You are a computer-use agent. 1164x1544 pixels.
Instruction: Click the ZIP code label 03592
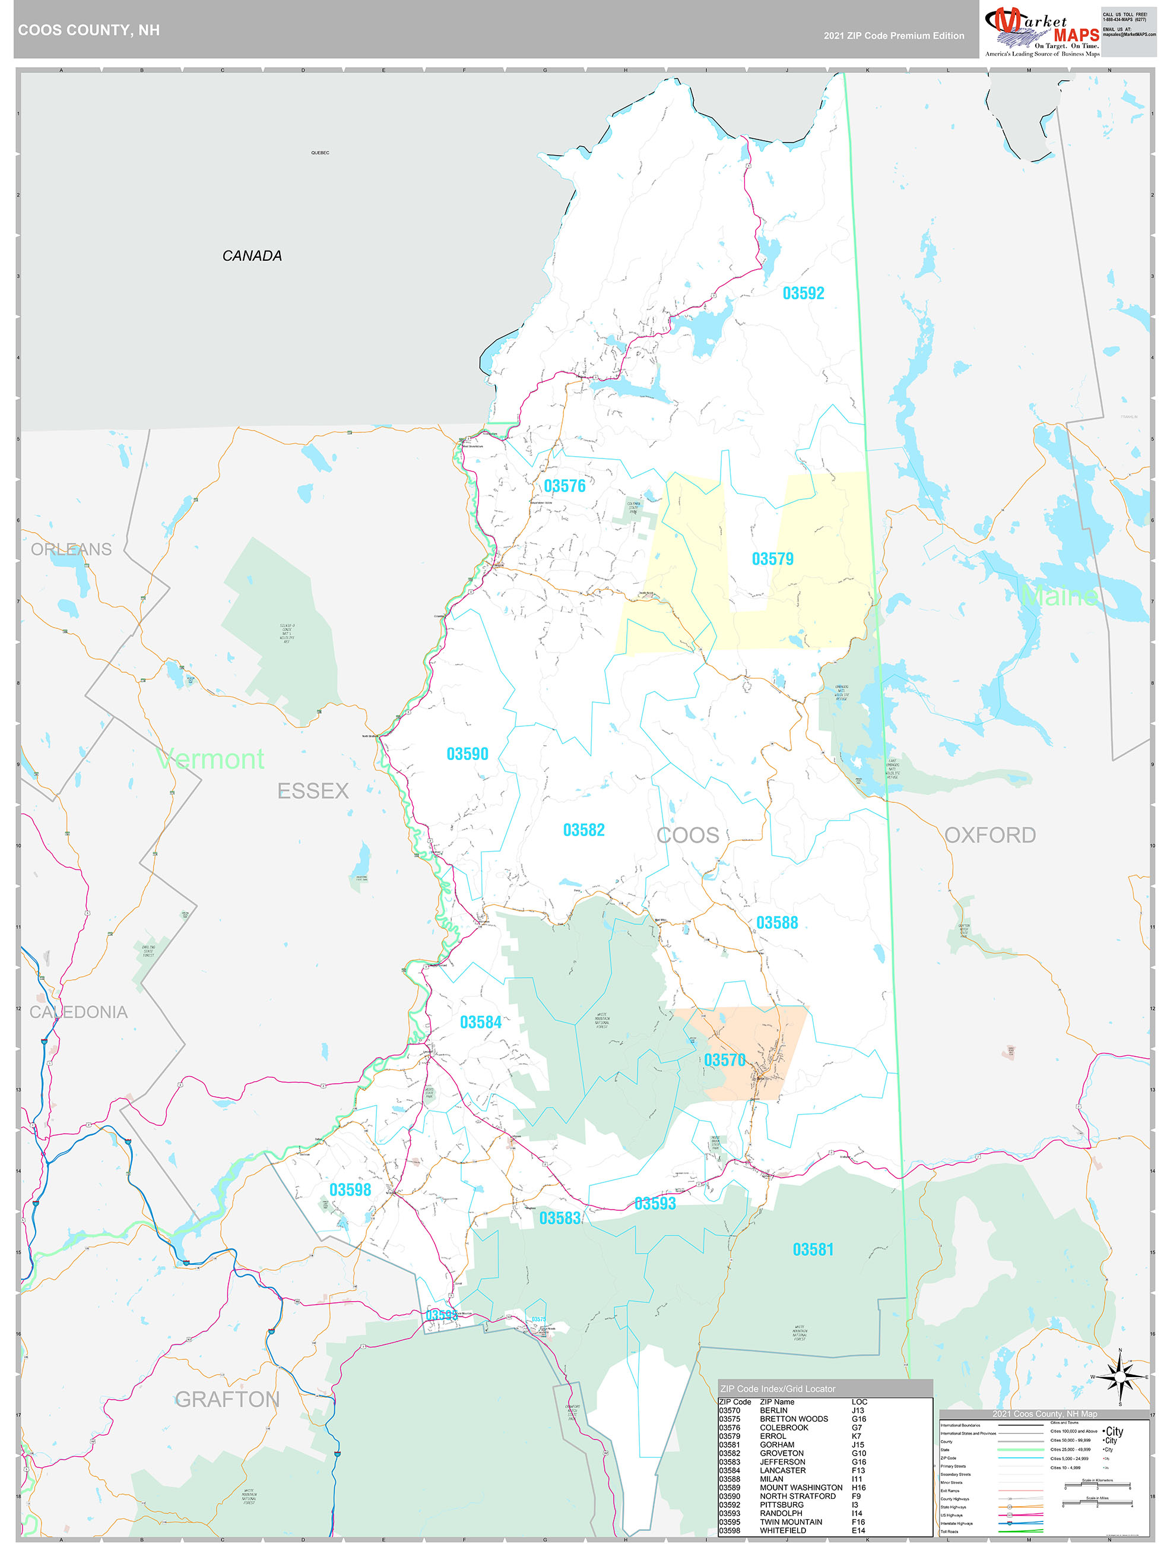pyautogui.click(x=803, y=293)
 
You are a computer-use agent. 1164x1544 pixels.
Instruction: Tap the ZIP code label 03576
pyautogui.click(x=564, y=486)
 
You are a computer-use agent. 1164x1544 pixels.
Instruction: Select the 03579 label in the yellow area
pyautogui.click(x=772, y=559)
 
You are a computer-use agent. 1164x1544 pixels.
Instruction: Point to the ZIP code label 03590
pyautogui.click(x=467, y=754)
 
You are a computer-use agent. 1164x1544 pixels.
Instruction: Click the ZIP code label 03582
pyautogui.click(x=583, y=830)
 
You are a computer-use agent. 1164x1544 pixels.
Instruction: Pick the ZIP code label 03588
pyautogui.click(x=777, y=923)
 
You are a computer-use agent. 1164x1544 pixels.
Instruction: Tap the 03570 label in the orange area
pyautogui.click(x=724, y=1060)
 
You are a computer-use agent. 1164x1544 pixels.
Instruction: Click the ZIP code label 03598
pyautogui.click(x=350, y=1190)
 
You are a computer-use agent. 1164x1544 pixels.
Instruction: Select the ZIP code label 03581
pyautogui.click(x=813, y=1249)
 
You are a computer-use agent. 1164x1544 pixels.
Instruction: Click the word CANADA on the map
pyautogui.click(x=252, y=256)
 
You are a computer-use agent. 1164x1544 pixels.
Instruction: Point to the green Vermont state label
pyautogui.click(x=211, y=759)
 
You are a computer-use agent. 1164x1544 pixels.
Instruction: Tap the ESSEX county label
pyautogui.click(x=313, y=791)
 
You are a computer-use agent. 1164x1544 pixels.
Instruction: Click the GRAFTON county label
pyautogui.click(x=227, y=1399)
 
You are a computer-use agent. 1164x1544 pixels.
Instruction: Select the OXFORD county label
pyautogui.click(x=989, y=835)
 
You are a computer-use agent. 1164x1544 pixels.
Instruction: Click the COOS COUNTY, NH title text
pyautogui.click(x=88, y=30)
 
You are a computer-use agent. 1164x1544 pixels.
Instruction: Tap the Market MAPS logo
pyautogui.click(x=1041, y=30)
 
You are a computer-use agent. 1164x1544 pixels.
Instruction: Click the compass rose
pyautogui.click(x=1120, y=1377)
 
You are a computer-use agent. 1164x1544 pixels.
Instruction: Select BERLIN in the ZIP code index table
pyautogui.click(x=773, y=1410)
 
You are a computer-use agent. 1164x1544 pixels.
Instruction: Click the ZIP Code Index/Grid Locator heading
pyautogui.click(x=778, y=1388)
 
